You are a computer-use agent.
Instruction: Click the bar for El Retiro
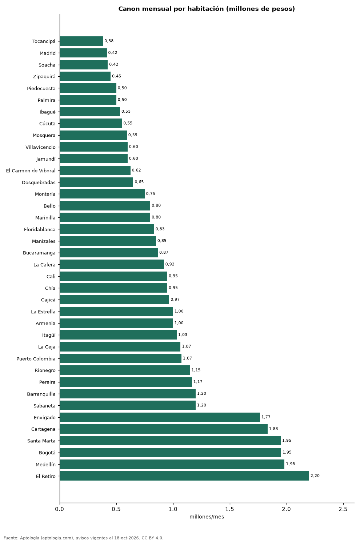184,476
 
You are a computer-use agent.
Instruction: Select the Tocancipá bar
81,41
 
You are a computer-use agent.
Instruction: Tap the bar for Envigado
160,417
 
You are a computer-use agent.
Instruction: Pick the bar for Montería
102,194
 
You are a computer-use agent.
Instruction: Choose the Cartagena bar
164,429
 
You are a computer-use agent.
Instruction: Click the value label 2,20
315,476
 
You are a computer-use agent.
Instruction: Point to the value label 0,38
109,41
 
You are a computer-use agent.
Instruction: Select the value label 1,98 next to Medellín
291,464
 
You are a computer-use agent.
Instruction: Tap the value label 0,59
133,135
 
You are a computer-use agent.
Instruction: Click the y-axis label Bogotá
47,453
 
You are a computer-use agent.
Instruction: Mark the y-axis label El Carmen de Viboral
31,170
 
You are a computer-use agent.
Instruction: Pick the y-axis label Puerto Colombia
36,358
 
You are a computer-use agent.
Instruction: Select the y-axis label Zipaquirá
44,77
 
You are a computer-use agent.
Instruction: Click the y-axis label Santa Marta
41,441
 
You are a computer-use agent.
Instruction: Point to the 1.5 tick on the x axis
230,509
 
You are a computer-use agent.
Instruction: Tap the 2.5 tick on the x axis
343,509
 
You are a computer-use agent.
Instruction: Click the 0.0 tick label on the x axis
60,509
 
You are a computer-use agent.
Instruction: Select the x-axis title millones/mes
207,517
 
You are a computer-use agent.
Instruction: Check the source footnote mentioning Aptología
84,538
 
